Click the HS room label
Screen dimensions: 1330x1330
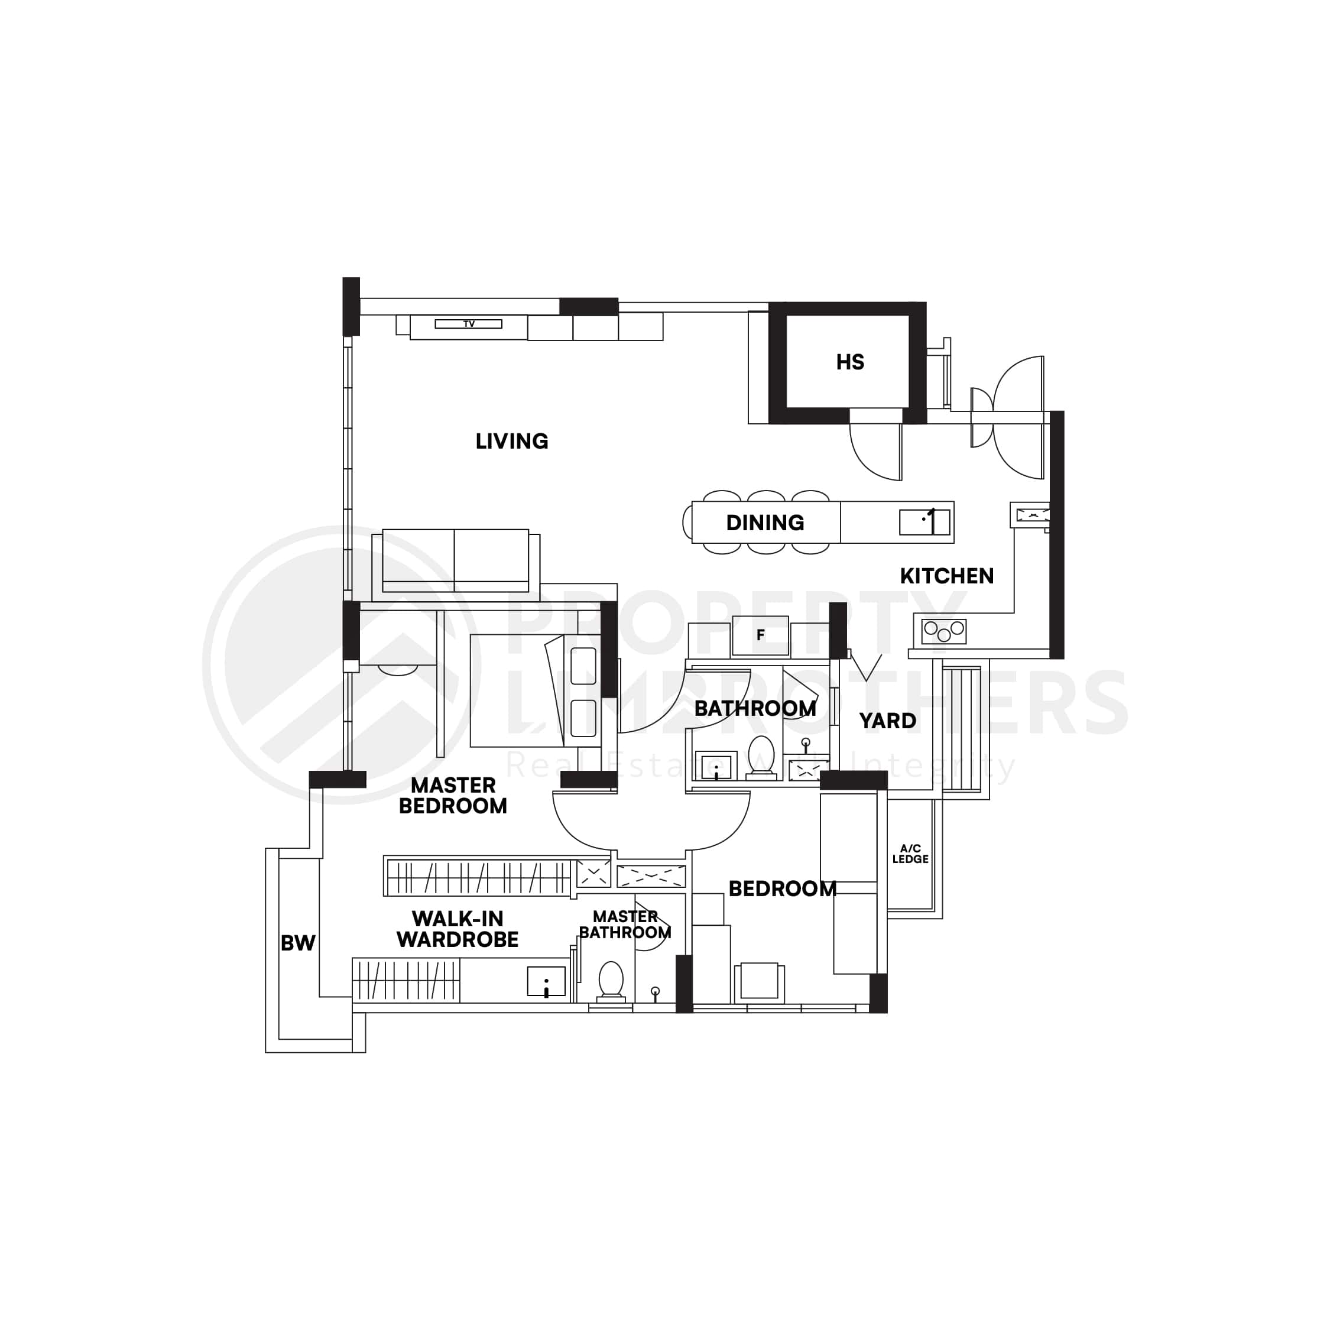[x=849, y=362]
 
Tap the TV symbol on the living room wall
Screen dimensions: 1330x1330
[x=468, y=323]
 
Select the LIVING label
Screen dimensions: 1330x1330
[x=511, y=442]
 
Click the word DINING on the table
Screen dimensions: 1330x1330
[x=765, y=523]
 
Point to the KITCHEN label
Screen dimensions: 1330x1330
[x=946, y=576]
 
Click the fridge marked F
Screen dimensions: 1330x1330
[x=760, y=635]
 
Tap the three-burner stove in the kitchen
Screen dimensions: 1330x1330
[x=944, y=631]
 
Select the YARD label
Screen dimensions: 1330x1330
[x=887, y=721]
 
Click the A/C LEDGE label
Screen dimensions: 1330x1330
[x=910, y=854]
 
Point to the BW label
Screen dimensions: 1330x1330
[x=298, y=943]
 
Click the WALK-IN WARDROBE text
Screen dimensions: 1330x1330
[x=457, y=929]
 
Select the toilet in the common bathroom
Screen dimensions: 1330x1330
[x=761, y=757]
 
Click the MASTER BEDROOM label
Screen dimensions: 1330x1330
[x=453, y=795]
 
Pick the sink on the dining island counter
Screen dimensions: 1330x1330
[x=924, y=522]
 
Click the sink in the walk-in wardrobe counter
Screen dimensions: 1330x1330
[x=546, y=981]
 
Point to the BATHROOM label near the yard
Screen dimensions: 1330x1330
[x=755, y=708]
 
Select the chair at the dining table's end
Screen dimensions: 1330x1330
[x=687, y=522]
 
